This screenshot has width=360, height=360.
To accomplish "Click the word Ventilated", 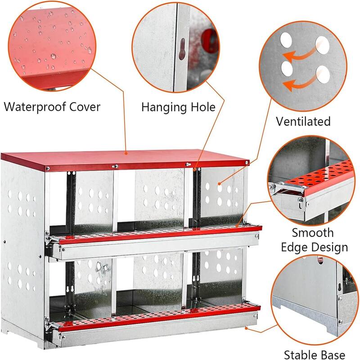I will (x=304, y=121).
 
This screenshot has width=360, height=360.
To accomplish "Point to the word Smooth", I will (x=313, y=233).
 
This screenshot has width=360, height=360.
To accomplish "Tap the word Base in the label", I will (x=332, y=355).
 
